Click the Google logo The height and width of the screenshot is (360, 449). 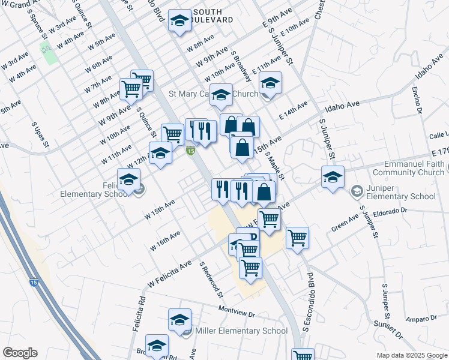(x=20, y=353)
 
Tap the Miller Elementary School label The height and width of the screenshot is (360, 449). (x=241, y=331)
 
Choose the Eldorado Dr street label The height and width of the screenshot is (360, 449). (x=390, y=211)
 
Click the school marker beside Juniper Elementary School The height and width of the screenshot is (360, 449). (x=333, y=177)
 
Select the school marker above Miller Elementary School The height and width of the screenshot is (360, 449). (x=179, y=320)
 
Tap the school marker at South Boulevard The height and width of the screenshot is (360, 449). (x=179, y=21)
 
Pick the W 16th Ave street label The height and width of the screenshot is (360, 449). (x=166, y=239)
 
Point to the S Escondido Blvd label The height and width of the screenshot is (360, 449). (x=310, y=302)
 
